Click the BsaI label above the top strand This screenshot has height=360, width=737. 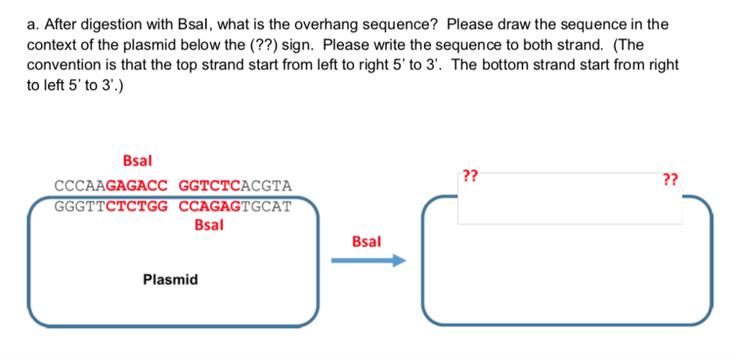tap(137, 159)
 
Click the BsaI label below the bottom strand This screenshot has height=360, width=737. tap(209, 225)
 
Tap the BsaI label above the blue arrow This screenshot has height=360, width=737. tap(366, 241)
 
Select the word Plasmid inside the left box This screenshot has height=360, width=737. tap(171, 279)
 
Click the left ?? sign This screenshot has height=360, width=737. tap(471, 175)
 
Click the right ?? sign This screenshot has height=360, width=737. tap(671, 179)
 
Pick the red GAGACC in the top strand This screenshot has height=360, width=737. tap(137, 186)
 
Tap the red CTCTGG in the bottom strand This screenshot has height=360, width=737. tap(137, 207)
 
